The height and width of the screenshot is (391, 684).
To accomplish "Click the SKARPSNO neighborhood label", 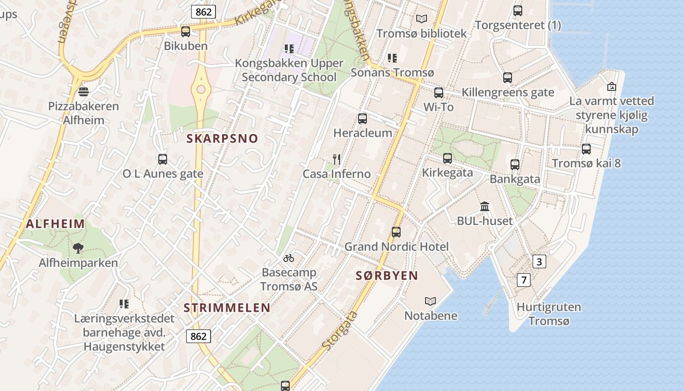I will (x=222, y=138).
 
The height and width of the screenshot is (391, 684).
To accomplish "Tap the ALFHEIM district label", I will (x=55, y=224).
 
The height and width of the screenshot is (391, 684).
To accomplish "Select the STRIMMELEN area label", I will (x=227, y=307).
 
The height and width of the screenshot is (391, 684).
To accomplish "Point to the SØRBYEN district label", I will (x=386, y=276).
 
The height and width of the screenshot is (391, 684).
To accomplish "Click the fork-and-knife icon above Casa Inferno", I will (x=336, y=159).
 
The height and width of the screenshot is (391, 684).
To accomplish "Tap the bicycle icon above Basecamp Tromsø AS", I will (x=289, y=258).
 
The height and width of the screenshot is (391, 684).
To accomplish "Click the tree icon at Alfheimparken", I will (x=78, y=248).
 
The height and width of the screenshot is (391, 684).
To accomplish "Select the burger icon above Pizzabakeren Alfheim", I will (x=83, y=91).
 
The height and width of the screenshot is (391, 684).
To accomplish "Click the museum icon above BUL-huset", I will (x=484, y=206).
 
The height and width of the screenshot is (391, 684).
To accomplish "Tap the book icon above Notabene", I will (x=430, y=301).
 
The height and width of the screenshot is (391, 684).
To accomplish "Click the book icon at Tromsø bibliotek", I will (x=421, y=19).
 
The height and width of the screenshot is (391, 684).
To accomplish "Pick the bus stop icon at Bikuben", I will (x=185, y=31).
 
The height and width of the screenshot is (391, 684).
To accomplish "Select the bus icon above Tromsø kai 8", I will (x=586, y=149).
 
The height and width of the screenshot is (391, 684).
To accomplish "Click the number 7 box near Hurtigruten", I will (x=524, y=280).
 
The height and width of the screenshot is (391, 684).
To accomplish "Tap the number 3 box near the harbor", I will (x=538, y=261).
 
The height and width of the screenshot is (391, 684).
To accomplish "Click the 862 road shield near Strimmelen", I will (x=198, y=336).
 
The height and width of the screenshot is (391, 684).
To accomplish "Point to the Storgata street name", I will (x=340, y=331).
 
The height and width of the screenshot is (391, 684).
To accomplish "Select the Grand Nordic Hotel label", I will (x=396, y=247).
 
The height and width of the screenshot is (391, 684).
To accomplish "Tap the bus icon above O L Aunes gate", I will (x=162, y=159).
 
